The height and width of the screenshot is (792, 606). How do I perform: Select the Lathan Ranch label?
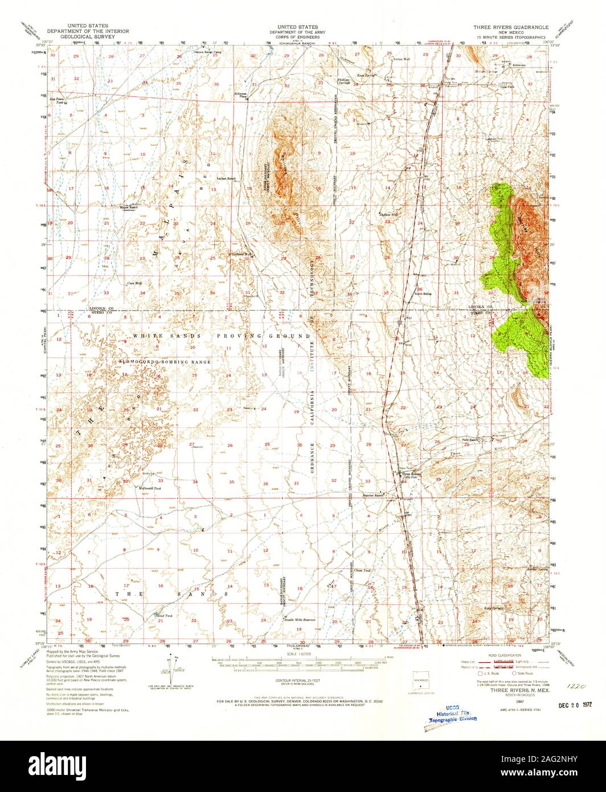(x=226, y=178)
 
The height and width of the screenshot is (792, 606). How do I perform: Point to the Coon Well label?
(x=134, y=283)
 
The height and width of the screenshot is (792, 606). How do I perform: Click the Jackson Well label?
(x=388, y=214)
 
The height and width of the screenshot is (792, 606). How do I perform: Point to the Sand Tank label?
(x=164, y=615)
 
